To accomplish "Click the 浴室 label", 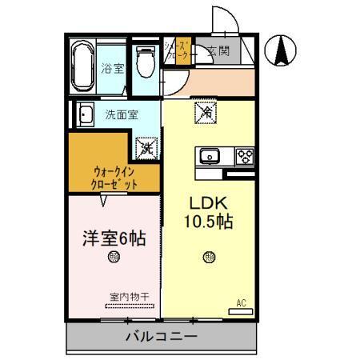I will (113, 69).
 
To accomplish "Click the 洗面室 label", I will (121, 114).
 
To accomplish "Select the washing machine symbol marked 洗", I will (146, 146).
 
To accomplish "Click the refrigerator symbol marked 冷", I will (203, 113).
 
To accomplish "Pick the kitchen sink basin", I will (210, 156).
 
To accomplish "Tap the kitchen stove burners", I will (243, 156).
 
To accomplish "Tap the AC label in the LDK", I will (240, 302).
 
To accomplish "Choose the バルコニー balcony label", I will (160, 336).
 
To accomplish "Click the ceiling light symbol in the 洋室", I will (114, 258).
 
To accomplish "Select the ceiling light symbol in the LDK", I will (209, 258).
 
